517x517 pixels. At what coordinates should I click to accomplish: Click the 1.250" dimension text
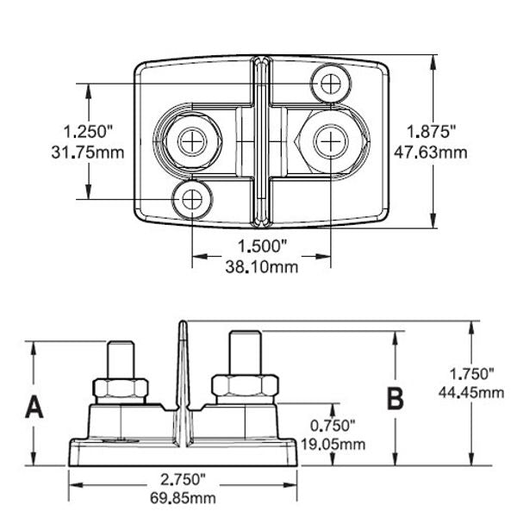click(89, 132)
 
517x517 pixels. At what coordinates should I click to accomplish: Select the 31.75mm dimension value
click(89, 153)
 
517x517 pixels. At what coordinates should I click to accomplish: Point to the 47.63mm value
click(431, 153)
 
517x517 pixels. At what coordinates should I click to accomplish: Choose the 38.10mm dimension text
click(262, 267)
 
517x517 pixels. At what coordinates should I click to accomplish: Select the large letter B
click(396, 399)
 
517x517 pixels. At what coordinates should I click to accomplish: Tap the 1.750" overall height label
click(472, 375)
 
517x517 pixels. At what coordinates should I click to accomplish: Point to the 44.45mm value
click(472, 393)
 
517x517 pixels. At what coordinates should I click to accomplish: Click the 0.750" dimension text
click(332, 426)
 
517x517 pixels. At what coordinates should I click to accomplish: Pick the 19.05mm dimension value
click(332, 444)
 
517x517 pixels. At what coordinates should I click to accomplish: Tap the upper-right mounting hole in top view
click(332, 84)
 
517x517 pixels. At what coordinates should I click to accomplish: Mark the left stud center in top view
click(191, 140)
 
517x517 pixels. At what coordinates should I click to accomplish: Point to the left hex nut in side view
click(119, 388)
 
